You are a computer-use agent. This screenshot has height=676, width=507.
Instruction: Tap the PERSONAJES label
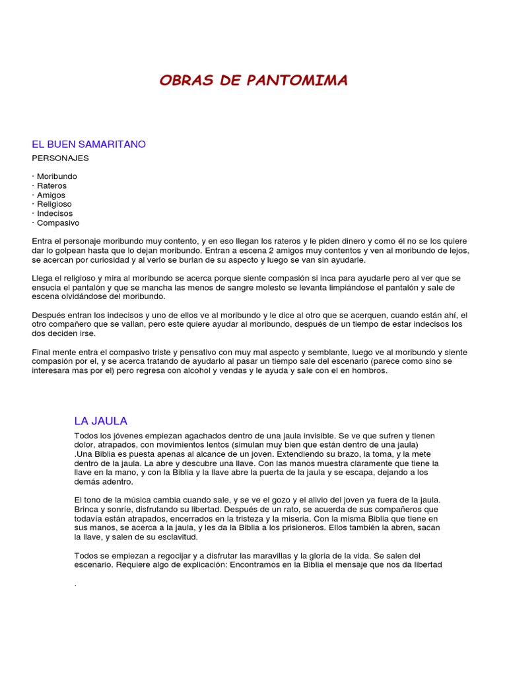coord(60,158)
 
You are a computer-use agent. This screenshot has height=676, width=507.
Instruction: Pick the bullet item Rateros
coord(51,186)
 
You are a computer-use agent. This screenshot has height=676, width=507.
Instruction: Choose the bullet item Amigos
coord(51,195)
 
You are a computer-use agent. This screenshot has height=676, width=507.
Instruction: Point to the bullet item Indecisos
coord(55,214)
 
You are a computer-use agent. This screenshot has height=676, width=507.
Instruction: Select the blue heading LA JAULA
coord(100,421)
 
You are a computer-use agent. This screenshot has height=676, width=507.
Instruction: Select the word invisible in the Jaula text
coord(314,436)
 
